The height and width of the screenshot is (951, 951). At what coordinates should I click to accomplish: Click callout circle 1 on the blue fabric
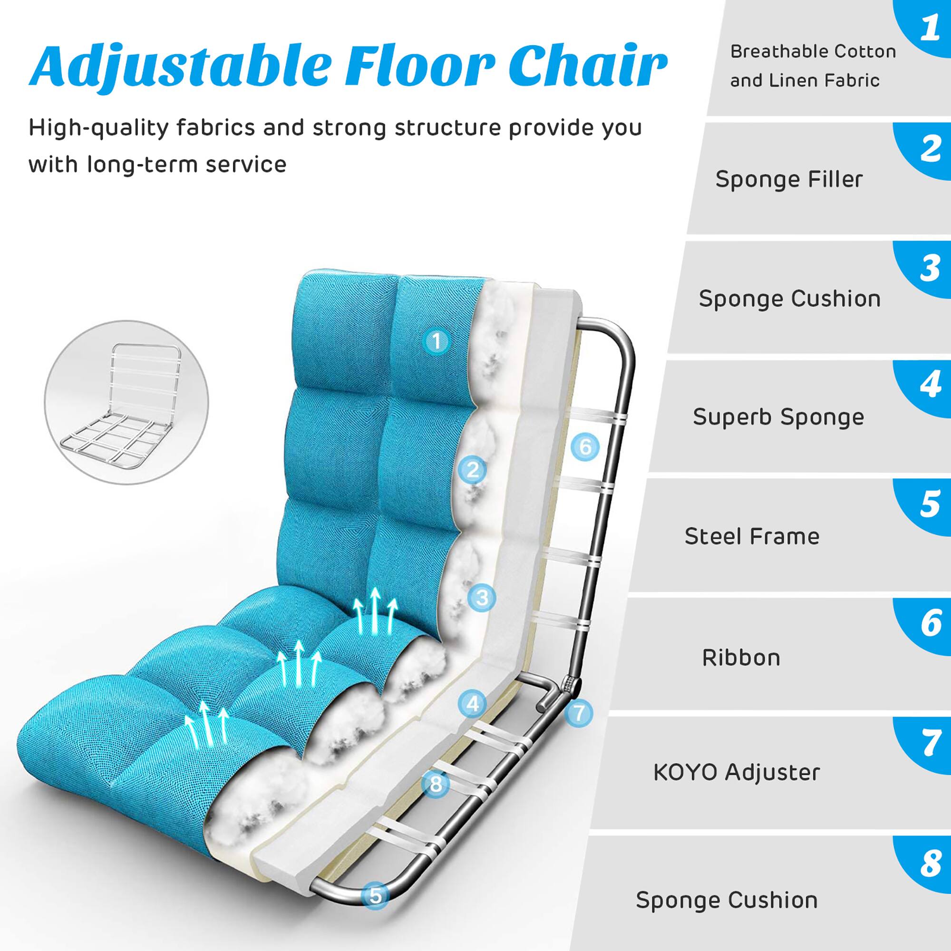click(x=437, y=340)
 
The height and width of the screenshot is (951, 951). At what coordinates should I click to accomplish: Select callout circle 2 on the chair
click(x=473, y=470)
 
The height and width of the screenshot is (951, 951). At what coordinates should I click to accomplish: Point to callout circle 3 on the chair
click(x=482, y=598)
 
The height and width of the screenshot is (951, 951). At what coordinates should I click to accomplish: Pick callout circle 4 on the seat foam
click(x=473, y=703)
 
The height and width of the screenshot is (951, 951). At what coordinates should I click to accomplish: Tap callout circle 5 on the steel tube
click(x=376, y=895)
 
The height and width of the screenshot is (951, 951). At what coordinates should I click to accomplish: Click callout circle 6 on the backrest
click(x=585, y=446)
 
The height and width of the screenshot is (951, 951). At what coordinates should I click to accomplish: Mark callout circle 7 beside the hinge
click(x=579, y=713)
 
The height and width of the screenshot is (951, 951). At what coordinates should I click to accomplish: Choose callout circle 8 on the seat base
click(x=436, y=784)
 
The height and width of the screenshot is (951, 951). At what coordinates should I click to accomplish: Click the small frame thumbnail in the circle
click(x=126, y=402)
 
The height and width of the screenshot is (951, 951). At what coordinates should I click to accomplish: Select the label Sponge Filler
click(x=789, y=179)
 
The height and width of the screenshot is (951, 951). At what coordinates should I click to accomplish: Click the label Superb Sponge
click(x=778, y=417)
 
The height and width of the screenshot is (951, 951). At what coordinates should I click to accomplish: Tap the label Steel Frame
click(x=752, y=536)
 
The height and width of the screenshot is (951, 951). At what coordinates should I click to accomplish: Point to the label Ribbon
click(x=741, y=658)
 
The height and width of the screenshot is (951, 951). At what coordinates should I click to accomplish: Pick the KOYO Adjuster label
click(x=737, y=772)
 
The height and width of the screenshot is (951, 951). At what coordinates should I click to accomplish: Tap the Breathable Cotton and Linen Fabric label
click(x=812, y=66)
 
